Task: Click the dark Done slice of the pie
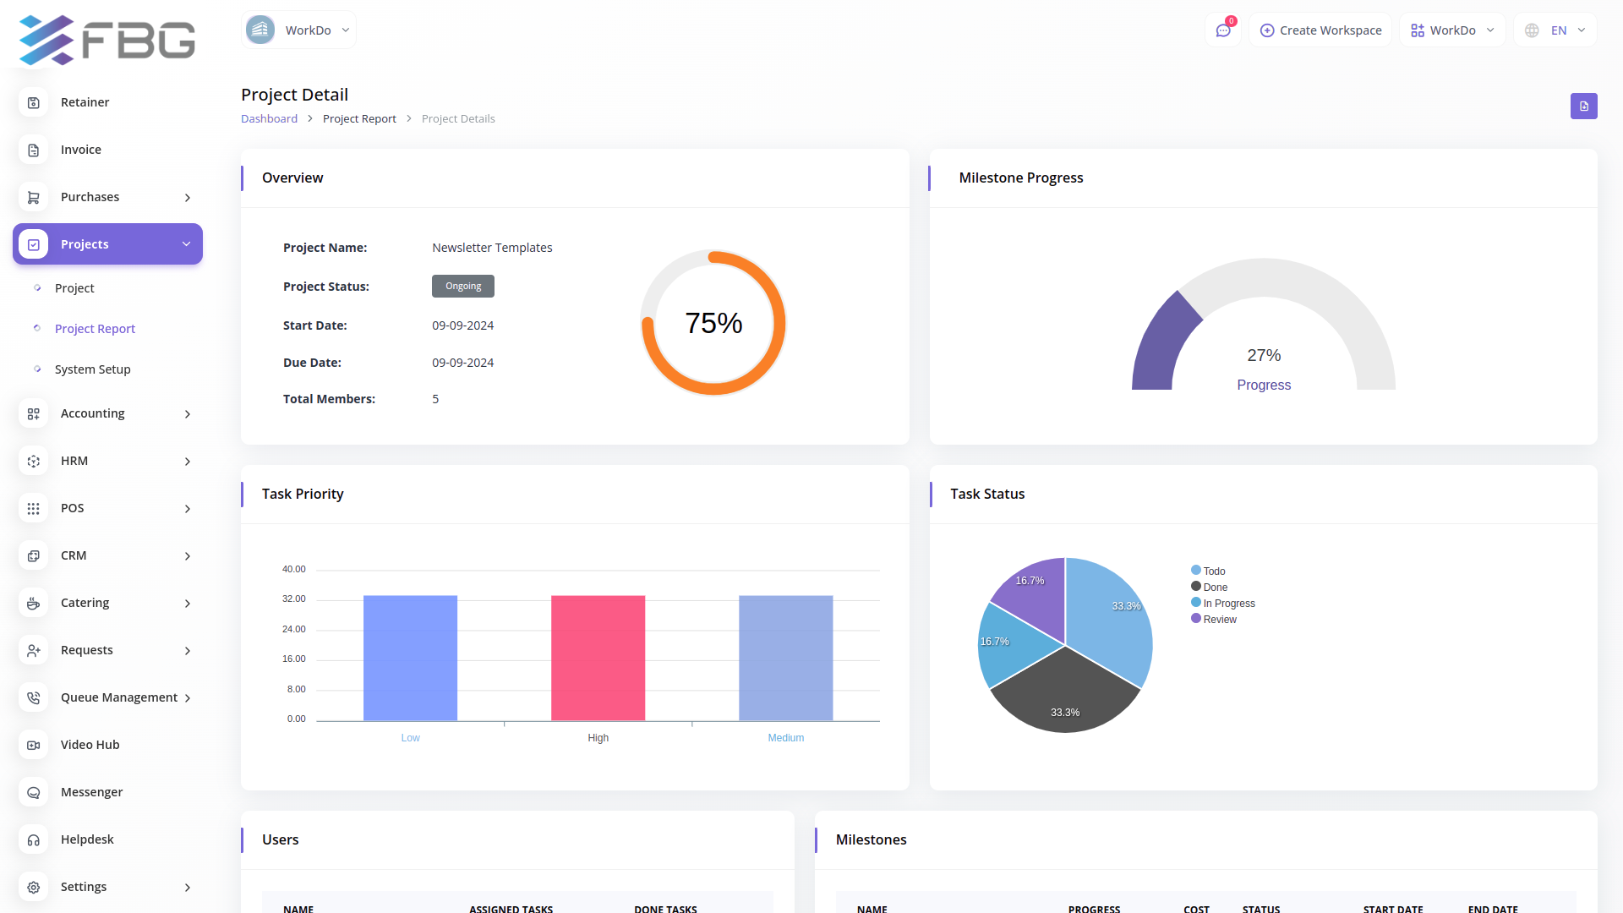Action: (x=1065, y=693)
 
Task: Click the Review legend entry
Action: (x=1219, y=620)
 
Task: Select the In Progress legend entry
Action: (x=1228, y=604)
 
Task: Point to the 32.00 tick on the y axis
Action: (x=294, y=599)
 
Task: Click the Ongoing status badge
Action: (x=463, y=287)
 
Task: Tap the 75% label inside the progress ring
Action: (x=713, y=323)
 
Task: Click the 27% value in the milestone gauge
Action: (x=1264, y=356)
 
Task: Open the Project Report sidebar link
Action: (x=95, y=329)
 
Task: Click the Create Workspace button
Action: (x=1320, y=30)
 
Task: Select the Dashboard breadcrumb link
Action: (x=269, y=119)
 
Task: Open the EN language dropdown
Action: (x=1555, y=30)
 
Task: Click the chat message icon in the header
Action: (x=1223, y=30)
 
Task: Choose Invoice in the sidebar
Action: (x=81, y=150)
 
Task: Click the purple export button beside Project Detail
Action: (x=1583, y=107)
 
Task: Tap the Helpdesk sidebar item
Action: (x=87, y=839)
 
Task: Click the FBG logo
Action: (x=107, y=39)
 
